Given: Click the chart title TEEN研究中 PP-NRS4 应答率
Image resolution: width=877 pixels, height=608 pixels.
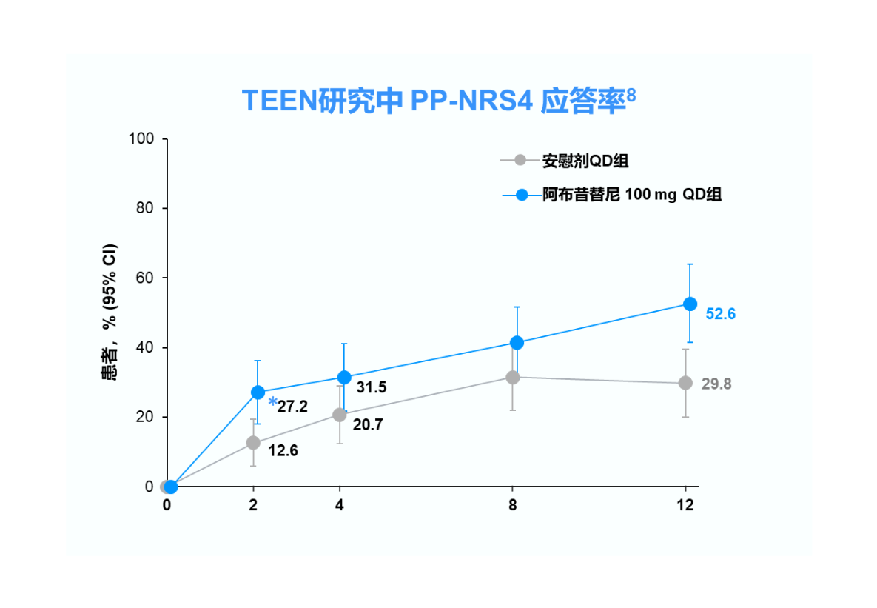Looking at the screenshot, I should pyautogui.click(x=438, y=101).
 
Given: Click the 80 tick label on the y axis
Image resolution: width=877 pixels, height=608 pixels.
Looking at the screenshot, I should pyautogui.click(x=144, y=209).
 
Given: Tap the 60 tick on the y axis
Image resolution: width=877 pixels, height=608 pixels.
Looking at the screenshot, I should pyautogui.click(x=144, y=278).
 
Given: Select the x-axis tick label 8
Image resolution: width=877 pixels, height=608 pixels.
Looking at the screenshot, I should pyautogui.click(x=512, y=506).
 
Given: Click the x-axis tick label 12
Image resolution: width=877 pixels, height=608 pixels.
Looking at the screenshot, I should pyautogui.click(x=685, y=506).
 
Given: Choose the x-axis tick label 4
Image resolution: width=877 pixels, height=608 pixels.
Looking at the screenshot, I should pyautogui.click(x=340, y=506).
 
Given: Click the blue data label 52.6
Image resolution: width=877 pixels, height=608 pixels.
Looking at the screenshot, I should pyautogui.click(x=720, y=314).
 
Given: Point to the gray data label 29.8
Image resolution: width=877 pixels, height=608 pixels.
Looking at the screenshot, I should pyautogui.click(x=716, y=384).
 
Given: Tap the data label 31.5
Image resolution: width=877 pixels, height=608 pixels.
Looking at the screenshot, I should pyautogui.click(x=372, y=387).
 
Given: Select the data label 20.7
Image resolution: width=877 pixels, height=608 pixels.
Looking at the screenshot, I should pyautogui.click(x=367, y=424).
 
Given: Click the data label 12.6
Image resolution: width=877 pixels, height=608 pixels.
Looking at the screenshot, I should pyautogui.click(x=283, y=450).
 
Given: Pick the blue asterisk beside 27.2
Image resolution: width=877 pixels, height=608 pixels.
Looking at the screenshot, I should pyautogui.click(x=272, y=403).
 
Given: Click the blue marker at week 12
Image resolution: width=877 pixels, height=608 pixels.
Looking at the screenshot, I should pyautogui.click(x=690, y=304).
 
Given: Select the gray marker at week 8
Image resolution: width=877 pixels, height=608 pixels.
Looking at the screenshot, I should pyautogui.click(x=512, y=378).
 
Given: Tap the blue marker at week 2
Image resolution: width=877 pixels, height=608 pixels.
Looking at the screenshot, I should pyautogui.click(x=258, y=392).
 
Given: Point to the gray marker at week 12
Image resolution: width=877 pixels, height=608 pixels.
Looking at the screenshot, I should pyautogui.click(x=685, y=383).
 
